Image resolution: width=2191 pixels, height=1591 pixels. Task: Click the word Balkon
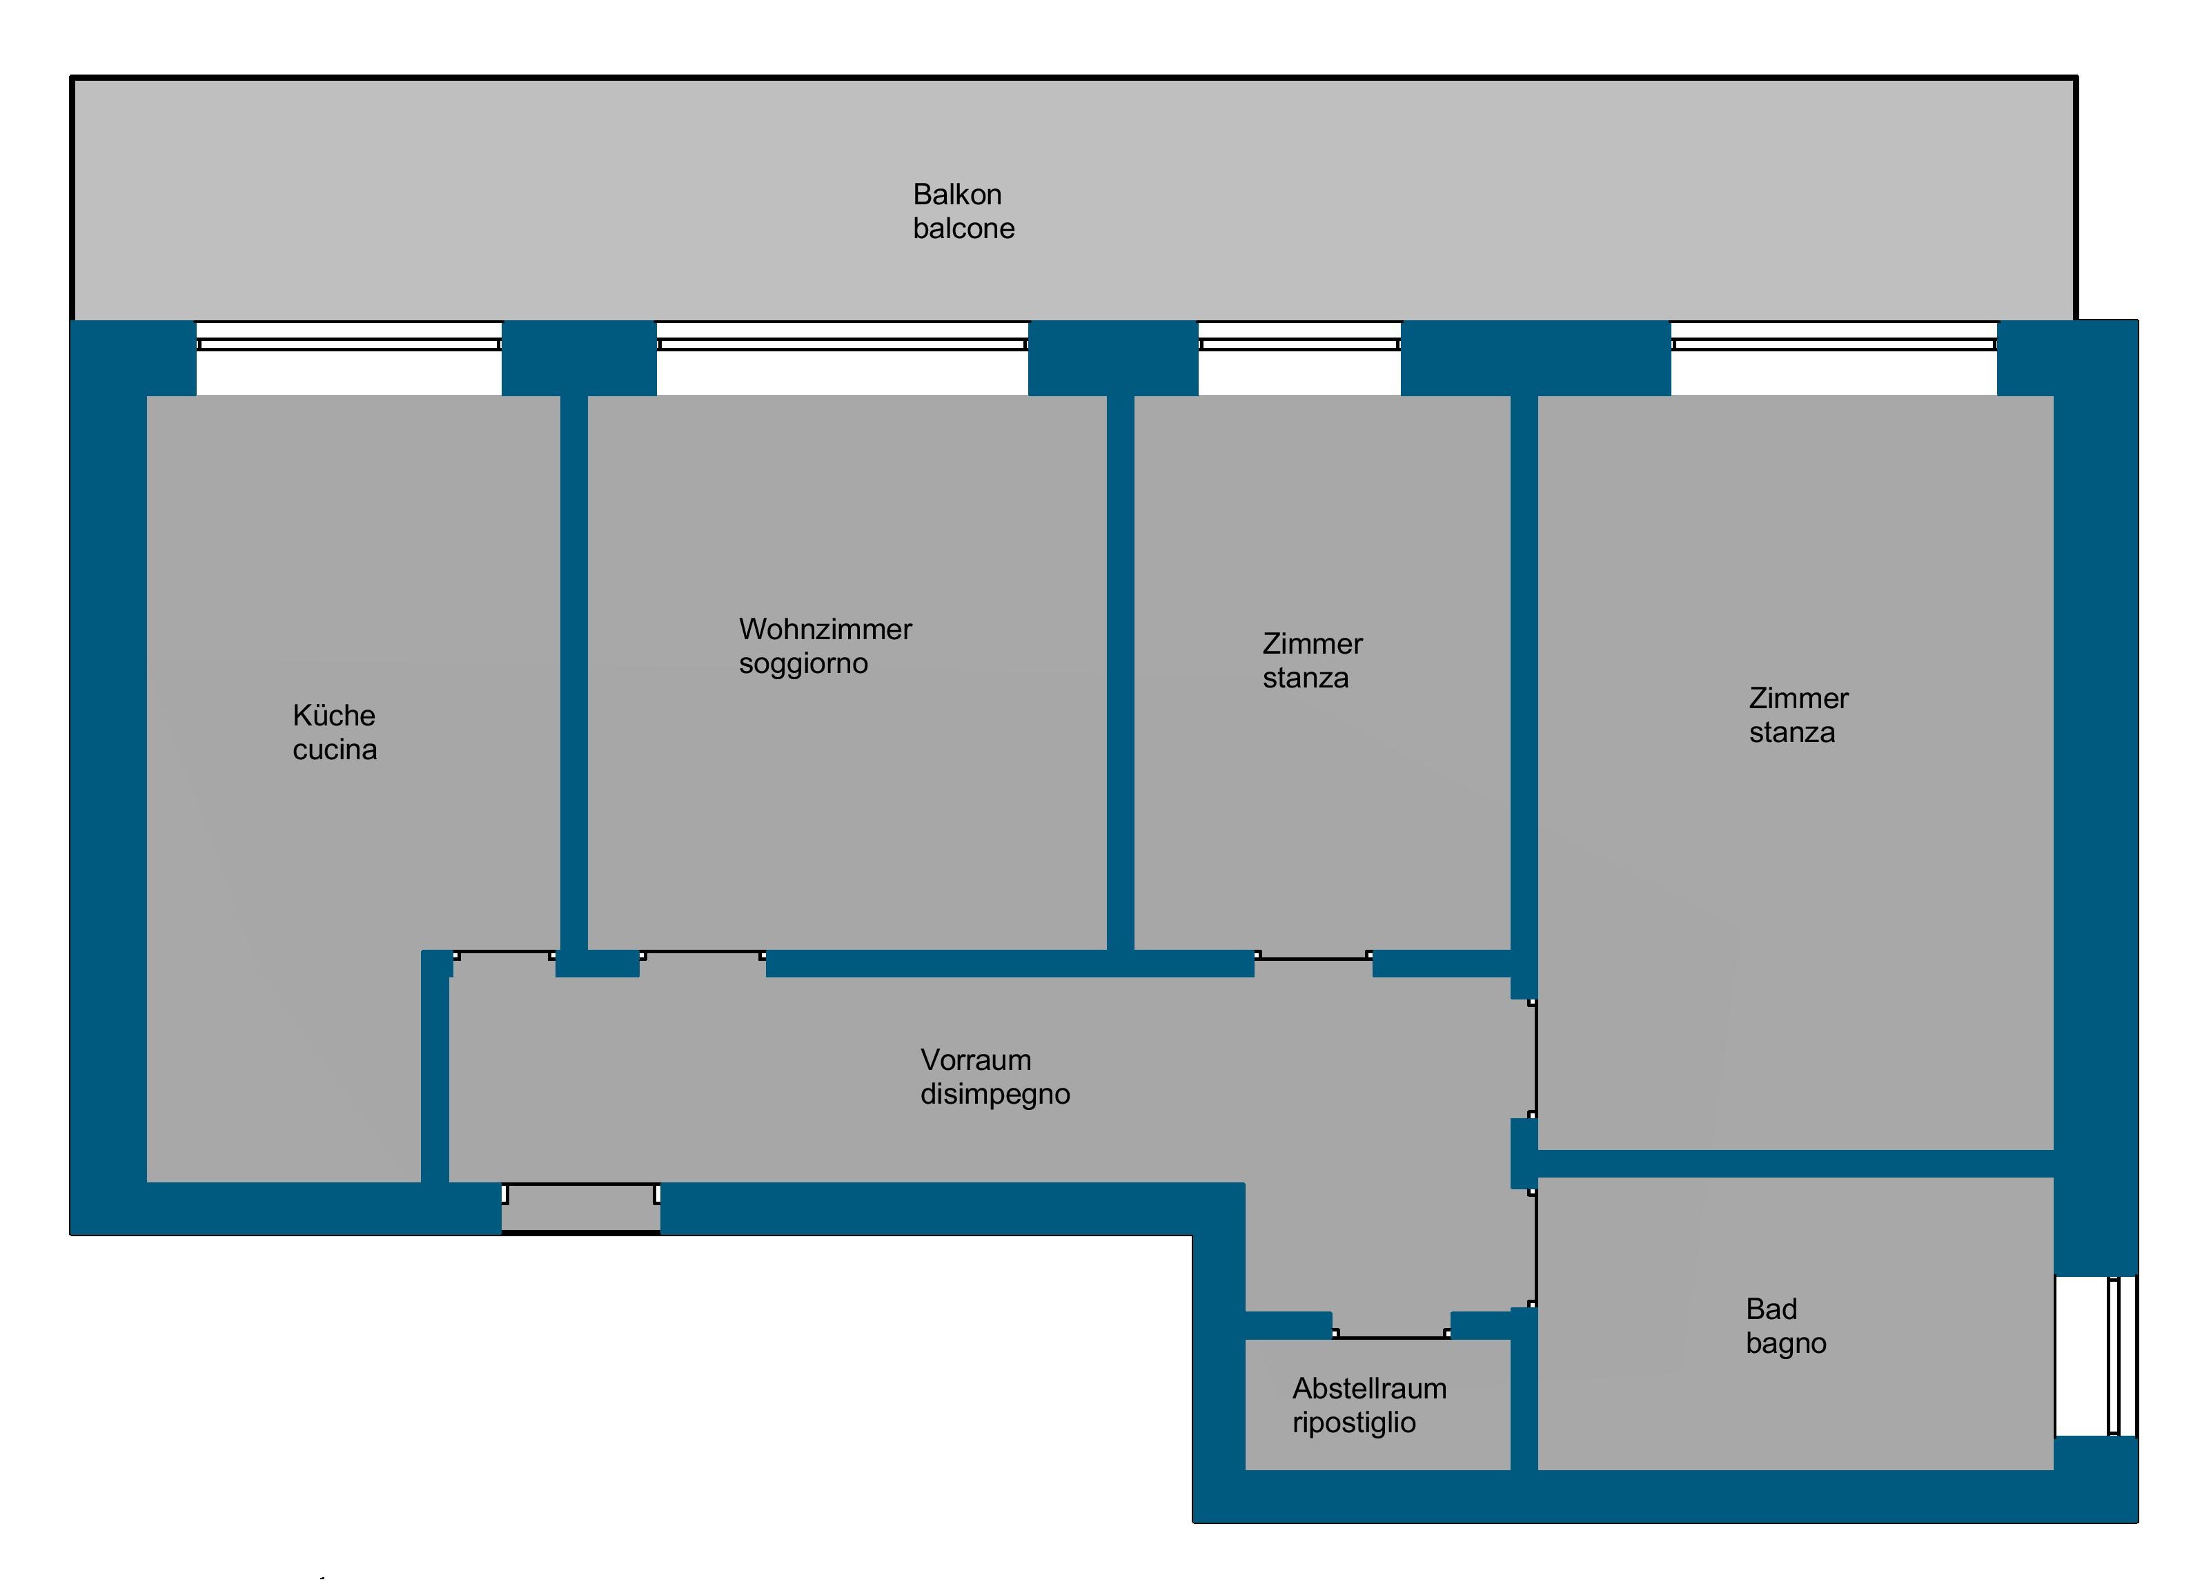point(957,195)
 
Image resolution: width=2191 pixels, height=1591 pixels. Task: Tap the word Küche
point(334,716)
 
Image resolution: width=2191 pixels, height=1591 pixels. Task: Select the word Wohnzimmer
point(825,629)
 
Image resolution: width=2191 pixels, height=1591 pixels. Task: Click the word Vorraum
point(976,1061)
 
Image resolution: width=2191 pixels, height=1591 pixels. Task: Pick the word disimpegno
point(995,1095)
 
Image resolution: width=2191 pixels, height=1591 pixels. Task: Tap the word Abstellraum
point(1370,1389)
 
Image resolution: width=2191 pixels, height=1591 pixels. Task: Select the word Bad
point(1771,1310)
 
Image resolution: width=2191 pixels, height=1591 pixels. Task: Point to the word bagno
point(1786,1345)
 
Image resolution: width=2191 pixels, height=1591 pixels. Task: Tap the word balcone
point(964,229)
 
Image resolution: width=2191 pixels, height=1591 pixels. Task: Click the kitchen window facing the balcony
point(348,344)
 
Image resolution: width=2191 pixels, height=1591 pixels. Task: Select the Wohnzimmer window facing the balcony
point(841,344)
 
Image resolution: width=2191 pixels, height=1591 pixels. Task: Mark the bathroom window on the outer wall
point(2114,1356)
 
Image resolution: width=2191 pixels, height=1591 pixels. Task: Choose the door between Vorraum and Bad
point(1534,1247)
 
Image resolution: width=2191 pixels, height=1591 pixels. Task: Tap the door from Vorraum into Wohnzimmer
point(703,955)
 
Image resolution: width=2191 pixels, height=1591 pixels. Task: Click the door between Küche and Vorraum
point(505,955)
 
